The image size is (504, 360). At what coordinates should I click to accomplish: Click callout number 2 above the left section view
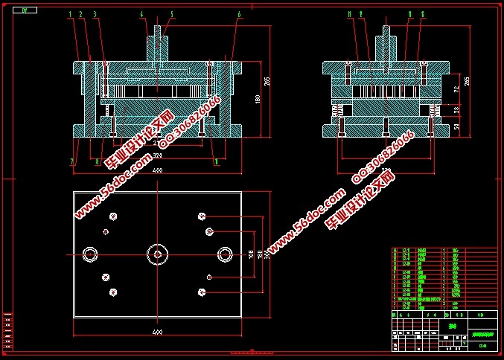[x=80, y=14]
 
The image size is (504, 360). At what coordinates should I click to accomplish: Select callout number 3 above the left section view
[x=95, y=14]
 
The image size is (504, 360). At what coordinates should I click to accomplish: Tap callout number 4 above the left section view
[x=142, y=14]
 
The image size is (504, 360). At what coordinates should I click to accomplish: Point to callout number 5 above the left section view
[x=171, y=14]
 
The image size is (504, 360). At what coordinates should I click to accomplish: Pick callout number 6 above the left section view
[x=239, y=14]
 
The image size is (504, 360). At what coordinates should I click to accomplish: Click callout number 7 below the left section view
[x=72, y=161]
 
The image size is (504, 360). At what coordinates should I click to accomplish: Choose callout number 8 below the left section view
[x=98, y=161]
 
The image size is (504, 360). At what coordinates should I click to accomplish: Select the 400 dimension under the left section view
[x=157, y=170]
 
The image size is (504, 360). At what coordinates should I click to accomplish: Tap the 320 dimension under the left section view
[x=157, y=156]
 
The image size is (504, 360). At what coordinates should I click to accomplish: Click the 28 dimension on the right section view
[x=457, y=110]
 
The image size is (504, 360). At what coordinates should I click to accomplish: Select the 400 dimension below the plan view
[x=157, y=331]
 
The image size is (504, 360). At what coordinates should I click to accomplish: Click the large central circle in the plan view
[x=157, y=254]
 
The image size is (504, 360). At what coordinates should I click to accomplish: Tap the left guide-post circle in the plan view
[x=90, y=254]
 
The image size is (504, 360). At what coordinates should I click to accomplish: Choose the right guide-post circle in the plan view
[x=224, y=254]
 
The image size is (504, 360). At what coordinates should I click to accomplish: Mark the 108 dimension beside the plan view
[x=250, y=254]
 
